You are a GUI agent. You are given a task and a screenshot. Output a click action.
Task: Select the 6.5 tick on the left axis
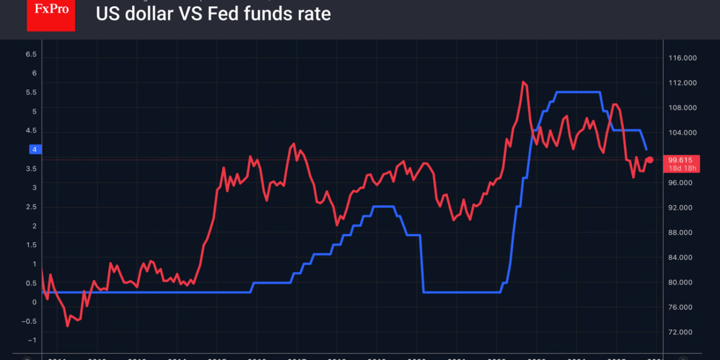pos(31,55)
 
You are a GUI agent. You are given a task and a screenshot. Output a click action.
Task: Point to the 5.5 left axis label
pos(31,92)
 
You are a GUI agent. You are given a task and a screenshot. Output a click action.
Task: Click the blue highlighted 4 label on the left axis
pos(34,150)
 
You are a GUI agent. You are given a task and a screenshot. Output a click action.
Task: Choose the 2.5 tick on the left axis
pos(31,207)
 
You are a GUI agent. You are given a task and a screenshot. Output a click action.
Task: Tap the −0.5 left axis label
pos(29,321)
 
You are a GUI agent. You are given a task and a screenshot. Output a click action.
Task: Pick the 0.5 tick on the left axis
pos(31,283)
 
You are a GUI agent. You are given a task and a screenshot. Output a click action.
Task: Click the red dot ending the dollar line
pos(650,160)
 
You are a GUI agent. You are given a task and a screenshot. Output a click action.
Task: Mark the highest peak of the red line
pos(524,82)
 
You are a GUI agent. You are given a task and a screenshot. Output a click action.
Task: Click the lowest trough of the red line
pos(67,326)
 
